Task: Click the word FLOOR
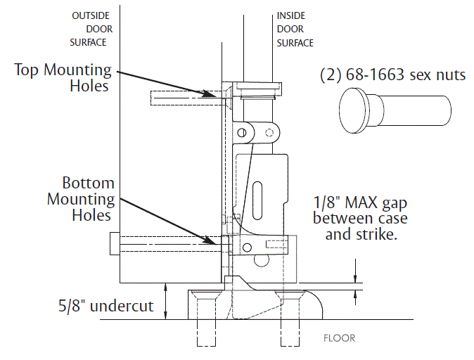[339, 338]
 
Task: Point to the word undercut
[124, 307]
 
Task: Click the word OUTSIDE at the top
[88, 15]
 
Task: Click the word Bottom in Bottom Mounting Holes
[88, 184]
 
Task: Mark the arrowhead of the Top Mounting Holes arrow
[224, 93]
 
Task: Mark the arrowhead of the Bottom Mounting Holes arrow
[224, 243]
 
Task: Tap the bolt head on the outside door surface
[113, 245]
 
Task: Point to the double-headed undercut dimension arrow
[165, 300]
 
